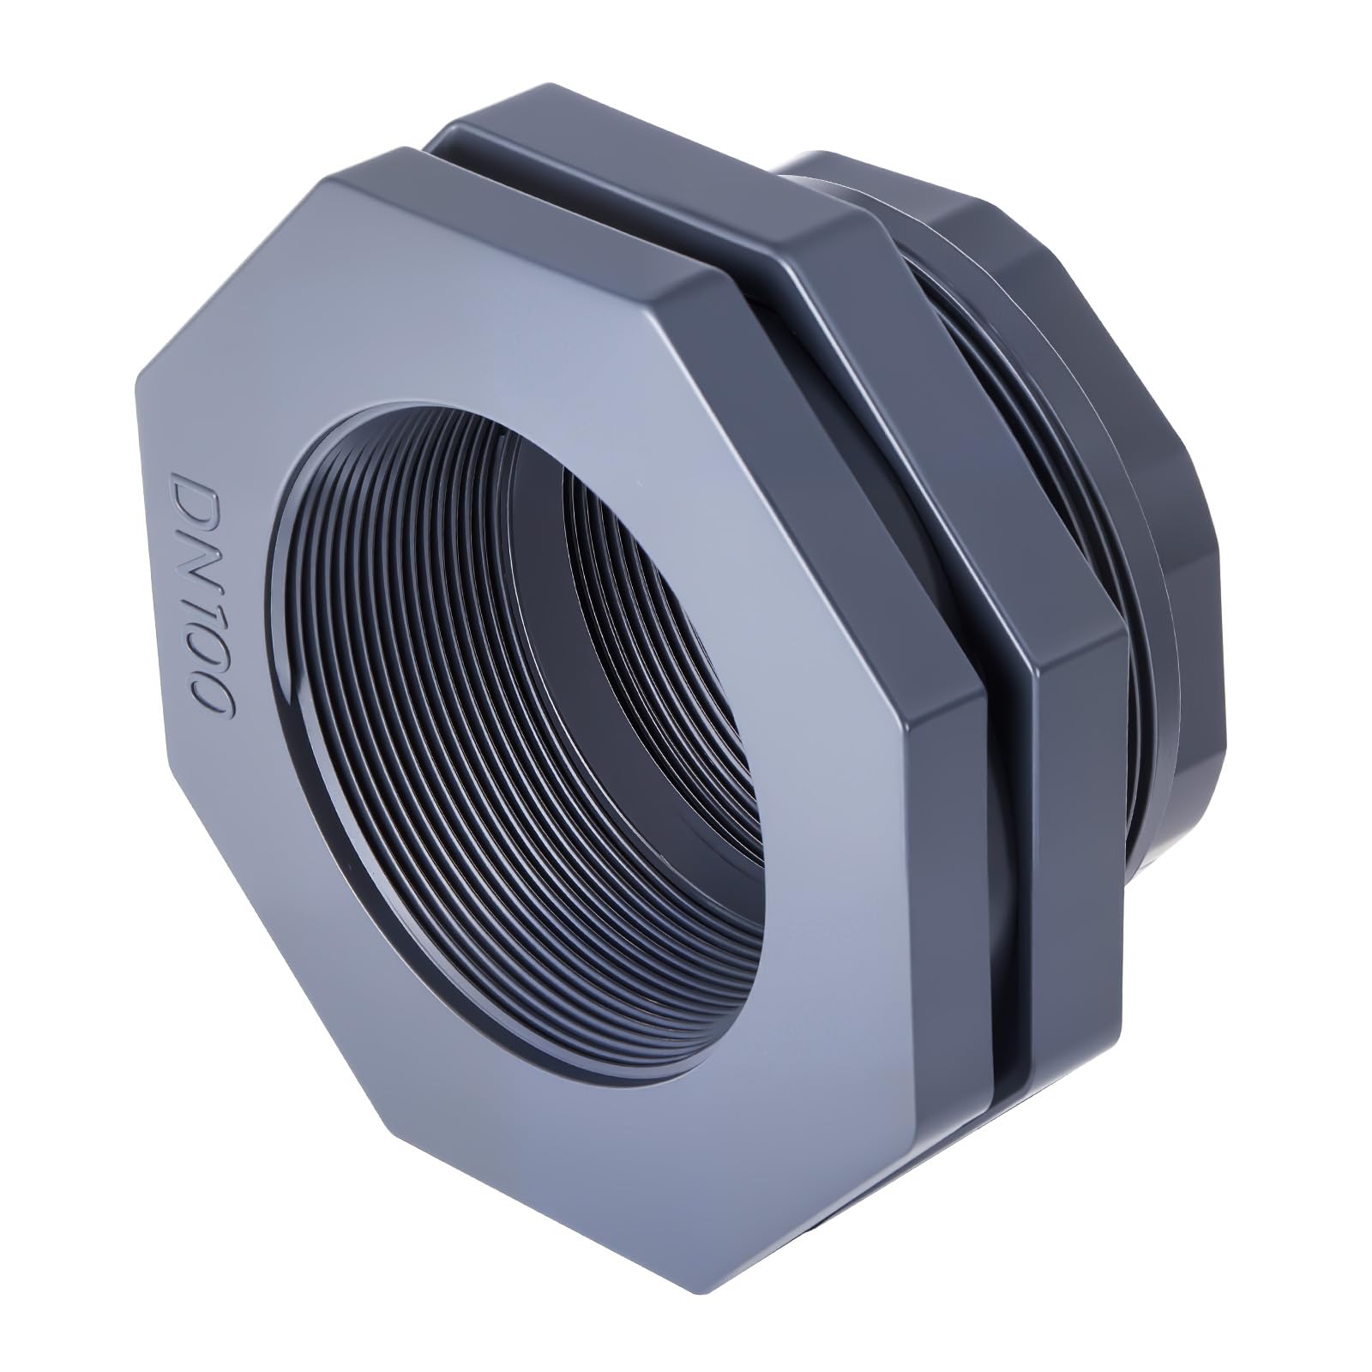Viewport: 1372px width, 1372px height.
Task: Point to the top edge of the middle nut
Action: pos(652,137)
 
